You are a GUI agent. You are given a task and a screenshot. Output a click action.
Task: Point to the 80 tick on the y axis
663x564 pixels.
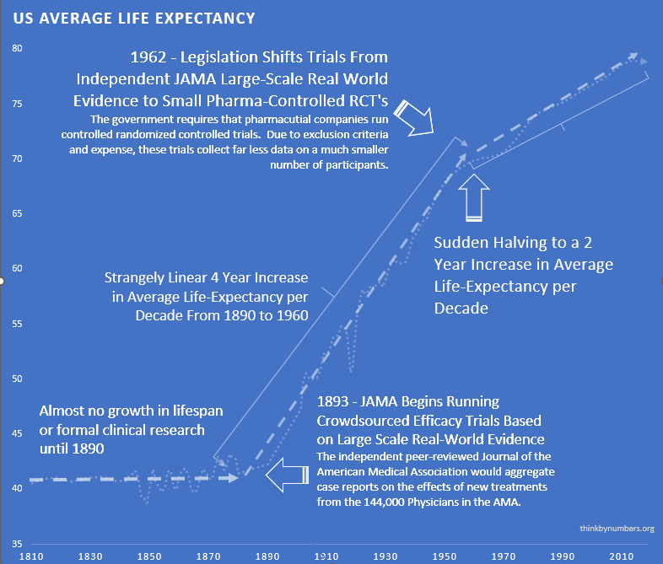click(x=17, y=49)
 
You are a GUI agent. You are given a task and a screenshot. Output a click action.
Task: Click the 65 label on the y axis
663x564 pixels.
click(x=17, y=214)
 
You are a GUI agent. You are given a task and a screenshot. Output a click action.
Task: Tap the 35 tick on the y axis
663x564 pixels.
click(x=17, y=544)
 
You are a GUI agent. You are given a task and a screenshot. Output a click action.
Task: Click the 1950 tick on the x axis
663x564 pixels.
click(x=445, y=557)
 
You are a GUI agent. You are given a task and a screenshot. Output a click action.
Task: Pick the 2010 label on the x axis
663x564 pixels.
click(x=622, y=557)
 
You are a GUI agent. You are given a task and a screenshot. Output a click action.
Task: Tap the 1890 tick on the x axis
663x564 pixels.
click(x=268, y=557)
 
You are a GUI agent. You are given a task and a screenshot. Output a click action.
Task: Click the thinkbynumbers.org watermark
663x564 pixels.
click(x=617, y=529)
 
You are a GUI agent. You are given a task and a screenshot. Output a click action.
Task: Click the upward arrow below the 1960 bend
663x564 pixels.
click(x=475, y=202)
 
